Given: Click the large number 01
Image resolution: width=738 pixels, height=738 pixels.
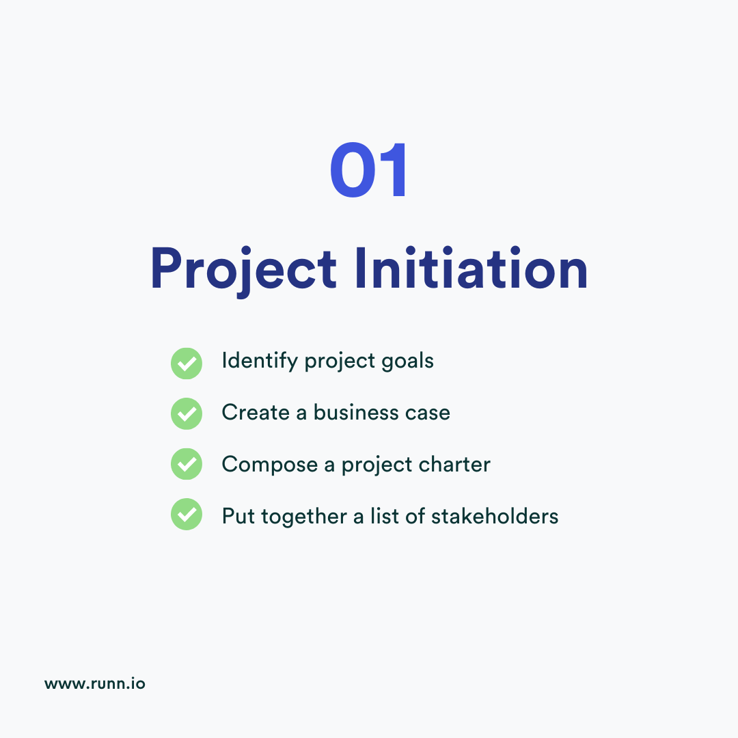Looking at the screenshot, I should click(369, 171).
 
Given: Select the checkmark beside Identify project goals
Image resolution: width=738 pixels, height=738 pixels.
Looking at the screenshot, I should click(186, 363).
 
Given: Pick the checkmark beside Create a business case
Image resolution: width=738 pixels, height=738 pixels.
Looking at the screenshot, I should click(186, 413).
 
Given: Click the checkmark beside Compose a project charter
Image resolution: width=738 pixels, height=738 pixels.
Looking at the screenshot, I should click(186, 465).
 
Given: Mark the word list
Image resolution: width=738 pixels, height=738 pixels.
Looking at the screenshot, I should click(383, 516).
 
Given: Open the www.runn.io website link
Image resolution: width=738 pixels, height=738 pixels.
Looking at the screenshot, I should click(95, 683).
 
